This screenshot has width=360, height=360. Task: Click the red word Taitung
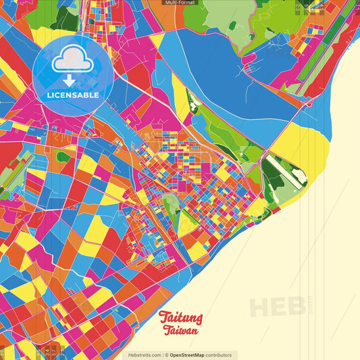pyautogui.click(x=180, y=318)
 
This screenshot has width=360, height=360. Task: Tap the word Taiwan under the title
pyautogui.click(x=180, y=331)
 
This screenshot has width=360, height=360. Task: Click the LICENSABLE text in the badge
pyautogui.click(x=72, y=95)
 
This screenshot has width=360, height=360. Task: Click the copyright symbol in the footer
pyautogui.click(x=166, y=355)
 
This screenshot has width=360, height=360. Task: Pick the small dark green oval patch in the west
pyautogui.click(x=63, y=157)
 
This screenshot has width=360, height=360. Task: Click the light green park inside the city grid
pyautogui.click(x=172, y=203)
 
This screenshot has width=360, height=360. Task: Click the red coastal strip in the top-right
pyautogui.click(x=338, y=41)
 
